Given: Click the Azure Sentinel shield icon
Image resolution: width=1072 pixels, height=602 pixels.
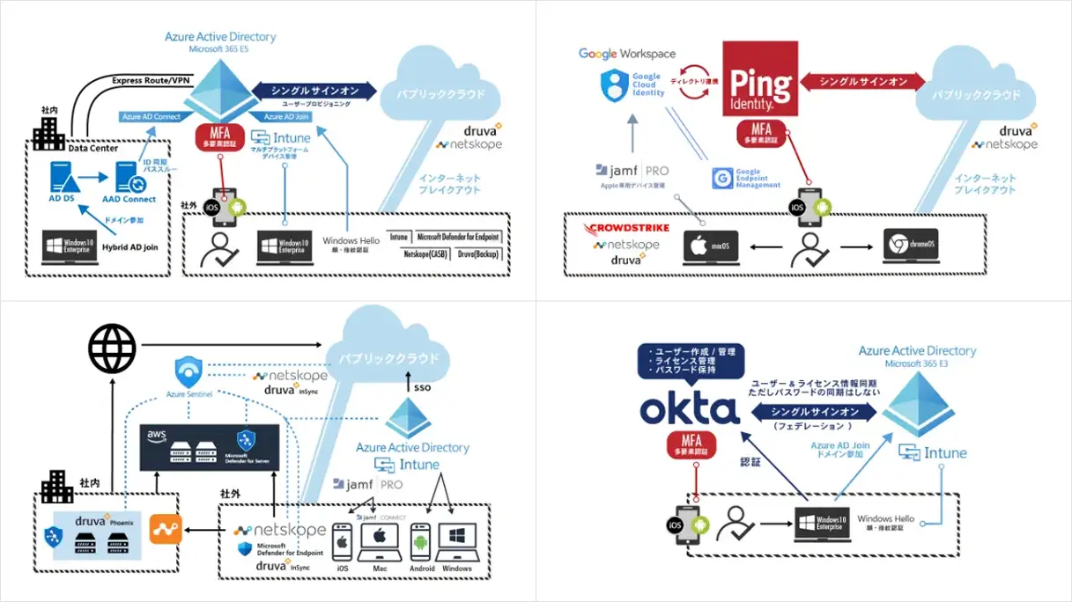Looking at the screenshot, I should (x=189, y=369).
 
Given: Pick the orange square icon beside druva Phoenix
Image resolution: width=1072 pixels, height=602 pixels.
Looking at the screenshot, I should (x=166, y=529).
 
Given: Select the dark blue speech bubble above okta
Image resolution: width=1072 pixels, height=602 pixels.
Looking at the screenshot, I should (x=691, y=362).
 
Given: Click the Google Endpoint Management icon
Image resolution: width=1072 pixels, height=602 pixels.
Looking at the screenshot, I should (x=723, y=178).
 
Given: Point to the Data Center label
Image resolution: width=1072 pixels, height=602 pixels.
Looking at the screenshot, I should (x=93, y=149).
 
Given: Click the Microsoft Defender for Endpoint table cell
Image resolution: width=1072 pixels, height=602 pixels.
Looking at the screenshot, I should (x=458, y=238).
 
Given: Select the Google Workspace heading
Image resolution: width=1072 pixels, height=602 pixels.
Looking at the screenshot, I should (x=627, y=54).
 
